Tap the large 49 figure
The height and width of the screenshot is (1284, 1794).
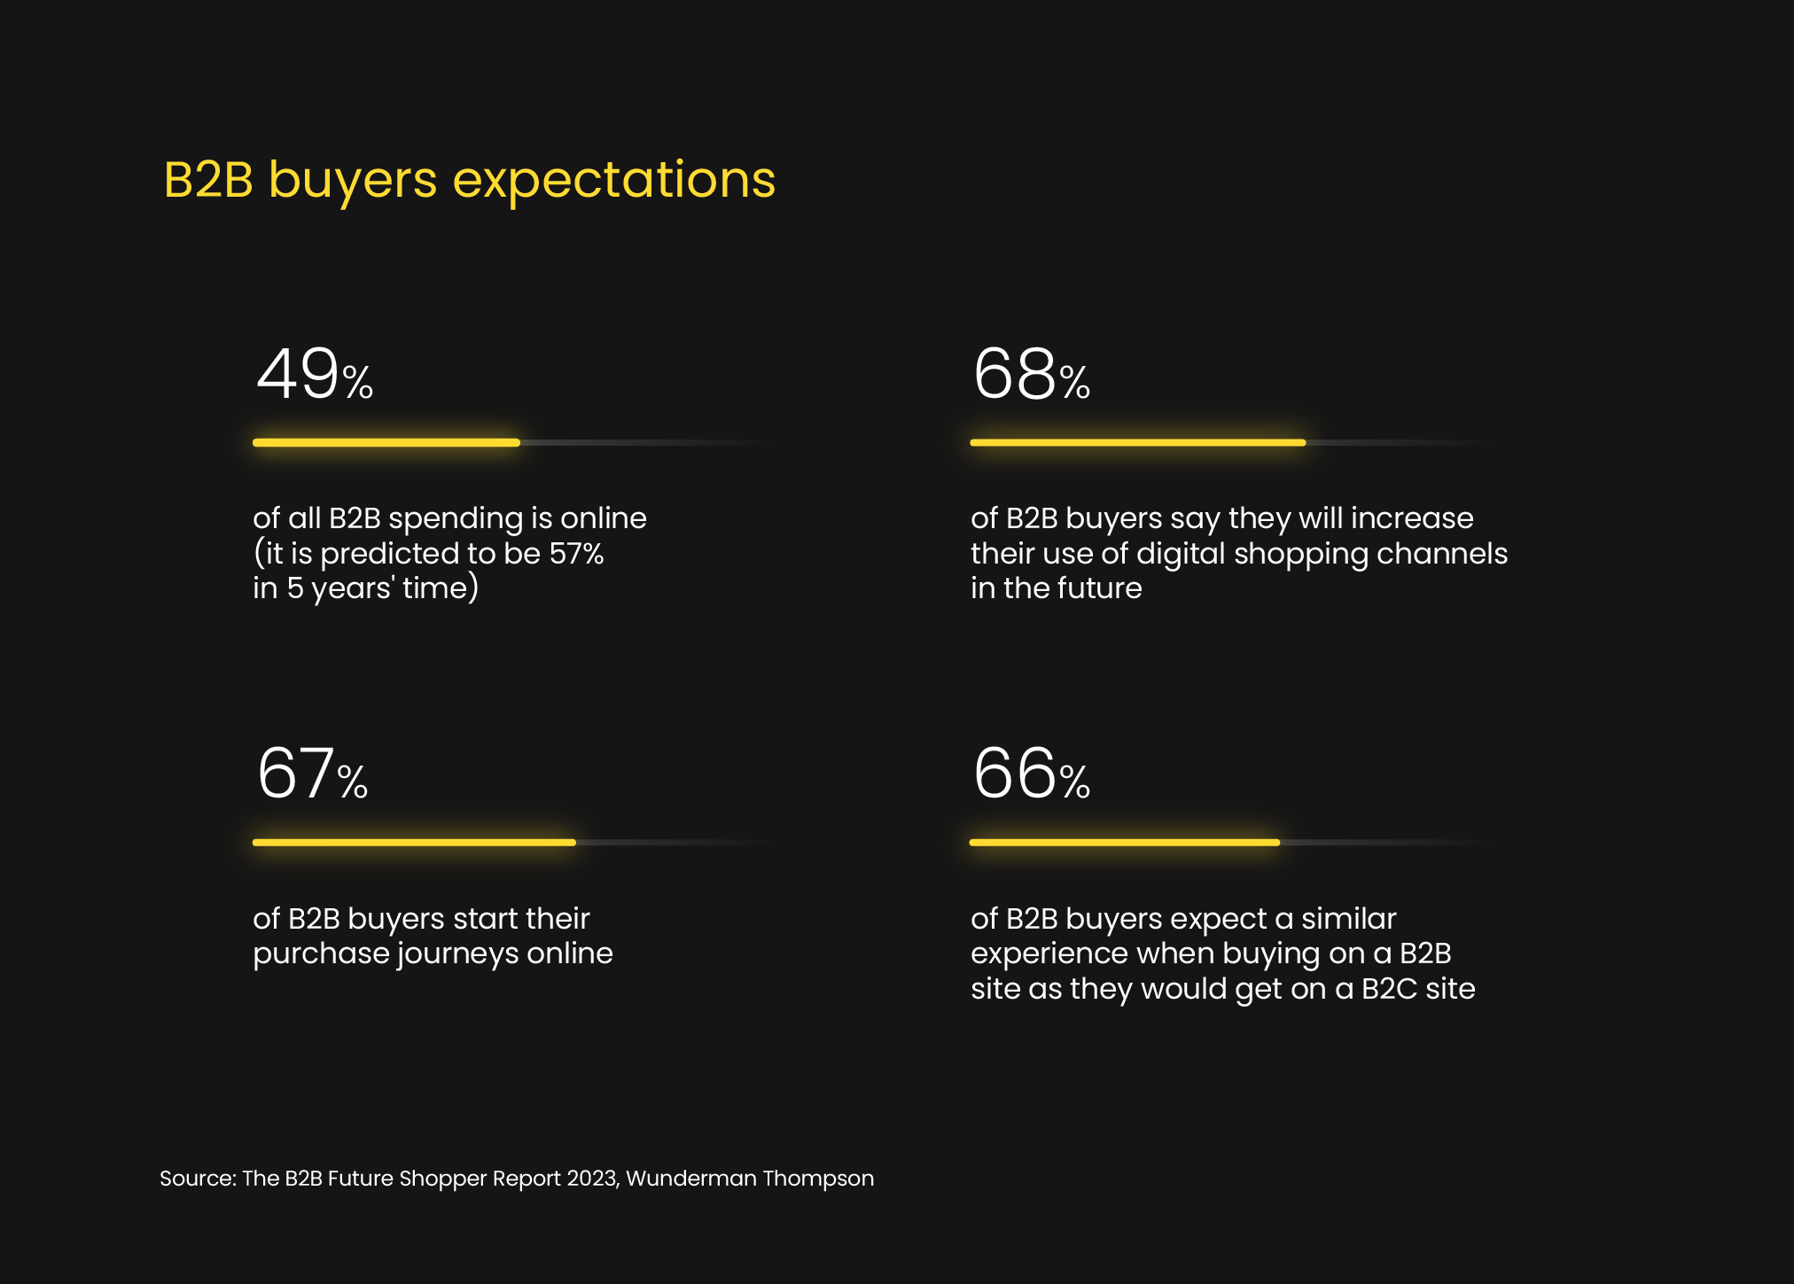click(298, 374)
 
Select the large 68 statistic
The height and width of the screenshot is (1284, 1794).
click(1015, 374)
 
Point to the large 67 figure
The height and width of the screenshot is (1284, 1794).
click(296, 774)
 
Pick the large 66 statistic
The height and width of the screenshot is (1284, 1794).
click(1015, 774)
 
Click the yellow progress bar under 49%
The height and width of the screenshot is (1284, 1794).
click(386, 442)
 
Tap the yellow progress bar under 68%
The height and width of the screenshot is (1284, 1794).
click(1138, 442)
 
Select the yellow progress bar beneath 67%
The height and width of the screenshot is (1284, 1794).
click(414, 843)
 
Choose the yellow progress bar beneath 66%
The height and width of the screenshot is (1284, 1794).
click(1125, 843)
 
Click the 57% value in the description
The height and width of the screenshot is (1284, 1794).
click(576, 554)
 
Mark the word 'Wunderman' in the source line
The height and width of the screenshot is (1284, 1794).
click(690, 1179)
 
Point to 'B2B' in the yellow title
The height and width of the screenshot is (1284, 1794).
click(208, 180)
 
